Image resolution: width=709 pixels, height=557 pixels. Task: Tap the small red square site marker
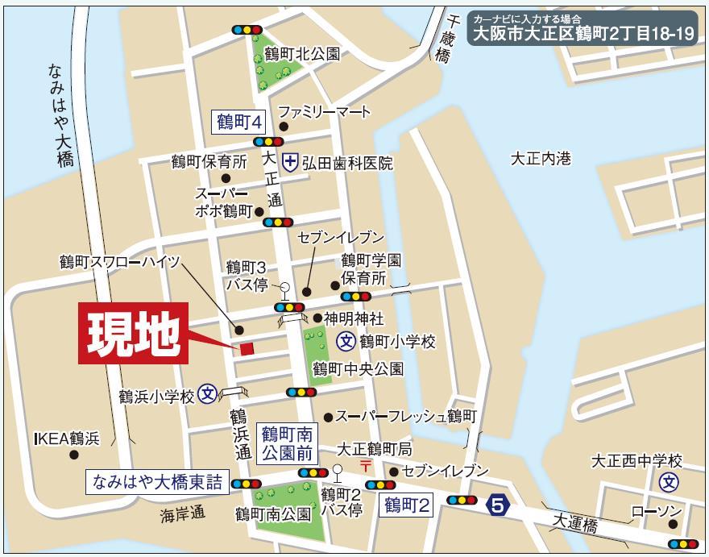(247, 348)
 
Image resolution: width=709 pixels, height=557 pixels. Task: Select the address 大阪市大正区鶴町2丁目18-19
(583, 35)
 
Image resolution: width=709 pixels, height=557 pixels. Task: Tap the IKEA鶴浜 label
(66, 439)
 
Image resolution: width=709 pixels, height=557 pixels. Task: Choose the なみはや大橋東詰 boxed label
(156, 482)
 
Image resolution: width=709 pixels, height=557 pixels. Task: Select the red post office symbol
(365, 466)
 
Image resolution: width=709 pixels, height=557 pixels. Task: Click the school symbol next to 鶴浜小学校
(208, 395)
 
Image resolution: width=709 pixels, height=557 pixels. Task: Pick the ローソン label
(656, 513)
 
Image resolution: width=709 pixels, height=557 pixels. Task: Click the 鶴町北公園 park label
(303, 54)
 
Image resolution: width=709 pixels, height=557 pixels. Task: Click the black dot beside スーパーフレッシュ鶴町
(328, 418)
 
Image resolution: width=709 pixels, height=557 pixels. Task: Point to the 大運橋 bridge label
(574, 524)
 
